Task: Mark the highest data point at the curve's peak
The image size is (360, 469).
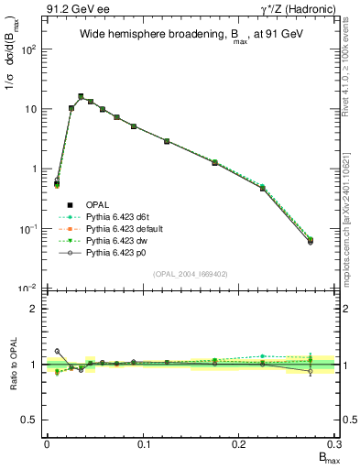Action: point(81,96)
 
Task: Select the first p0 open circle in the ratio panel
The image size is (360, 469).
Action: point(57,351)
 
